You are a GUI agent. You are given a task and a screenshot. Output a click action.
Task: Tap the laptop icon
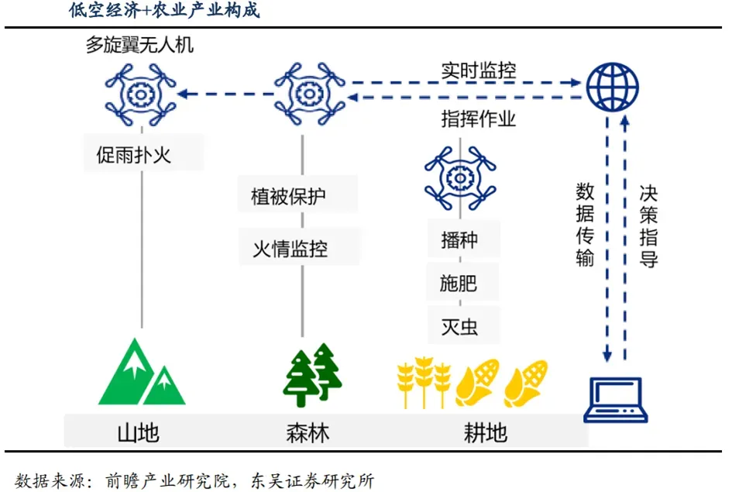(x=615, y=399)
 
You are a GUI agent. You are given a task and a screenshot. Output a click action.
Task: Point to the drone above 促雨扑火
(x=142, y=95)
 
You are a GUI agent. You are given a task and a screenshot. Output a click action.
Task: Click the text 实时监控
(x=479, y=71)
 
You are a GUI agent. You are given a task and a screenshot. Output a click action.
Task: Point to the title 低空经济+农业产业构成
(x=164, y=11)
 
